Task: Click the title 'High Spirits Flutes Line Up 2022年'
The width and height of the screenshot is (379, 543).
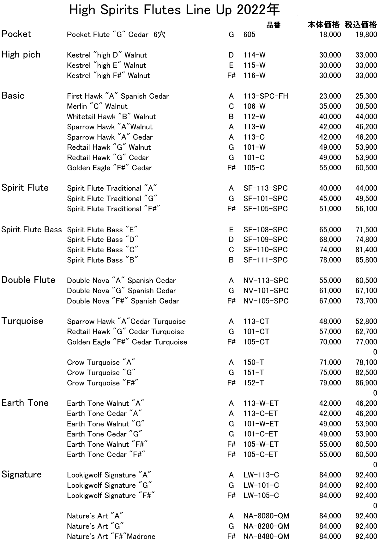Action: click(x=174, y=10)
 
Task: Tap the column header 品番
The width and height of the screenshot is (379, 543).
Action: click(x=273, y=25)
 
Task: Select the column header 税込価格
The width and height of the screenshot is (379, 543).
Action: click(x=361, y=25)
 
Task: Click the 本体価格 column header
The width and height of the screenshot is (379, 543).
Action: click(x=323, y=25)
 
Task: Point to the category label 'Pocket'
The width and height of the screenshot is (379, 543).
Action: click(x=16, y=34)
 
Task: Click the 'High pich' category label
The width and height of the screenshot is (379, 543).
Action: click(x=21, y=55)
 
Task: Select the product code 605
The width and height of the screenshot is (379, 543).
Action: click(x=249, y=34)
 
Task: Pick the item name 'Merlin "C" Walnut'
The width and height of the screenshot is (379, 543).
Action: click(x=97, y=106)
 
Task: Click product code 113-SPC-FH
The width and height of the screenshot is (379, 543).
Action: click(x=266, y=96)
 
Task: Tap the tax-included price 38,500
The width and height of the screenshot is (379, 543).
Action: click(x=366, y=106)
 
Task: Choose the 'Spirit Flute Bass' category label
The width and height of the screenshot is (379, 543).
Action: click(x=32, y=229)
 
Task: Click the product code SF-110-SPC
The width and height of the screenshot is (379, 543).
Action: click(x=265, y=250)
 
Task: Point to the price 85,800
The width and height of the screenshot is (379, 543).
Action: click(x=366, y=260)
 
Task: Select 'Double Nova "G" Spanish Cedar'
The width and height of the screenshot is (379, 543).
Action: click(x=121, y=291)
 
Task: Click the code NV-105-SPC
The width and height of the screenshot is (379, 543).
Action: click(x=266, y=301)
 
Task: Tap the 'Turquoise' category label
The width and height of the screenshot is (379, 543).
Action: click(x=22, y=321)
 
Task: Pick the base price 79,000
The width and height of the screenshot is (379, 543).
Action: click(x=330, y=383)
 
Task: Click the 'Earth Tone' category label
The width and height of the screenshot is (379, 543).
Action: click(x=25, y=403)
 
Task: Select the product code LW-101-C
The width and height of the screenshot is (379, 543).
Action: click(x=261, y=485)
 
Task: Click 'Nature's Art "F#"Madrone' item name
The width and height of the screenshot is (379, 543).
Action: click(x=111, y=536)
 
